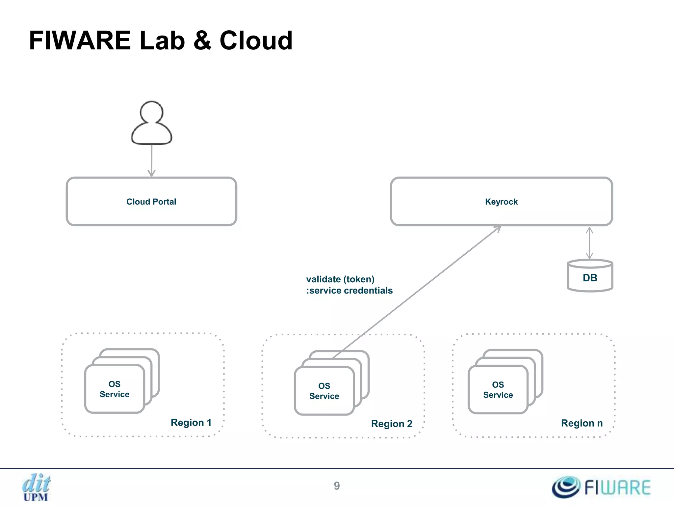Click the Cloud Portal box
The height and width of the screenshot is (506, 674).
[151, 202]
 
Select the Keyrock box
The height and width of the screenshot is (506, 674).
[501, 202]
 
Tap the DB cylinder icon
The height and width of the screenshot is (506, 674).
[590, 276]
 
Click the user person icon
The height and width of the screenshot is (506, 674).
[151, 124]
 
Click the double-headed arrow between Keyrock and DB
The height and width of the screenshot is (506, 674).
[589, 243]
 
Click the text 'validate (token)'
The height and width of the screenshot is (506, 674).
[340, 279]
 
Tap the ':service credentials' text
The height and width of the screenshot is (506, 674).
[350, 291]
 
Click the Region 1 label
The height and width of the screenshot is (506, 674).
[191, 423]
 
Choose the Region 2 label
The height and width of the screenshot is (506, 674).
[392, 424]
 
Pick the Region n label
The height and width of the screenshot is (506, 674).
[582, 423]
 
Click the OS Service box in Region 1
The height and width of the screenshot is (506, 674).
[115, 389]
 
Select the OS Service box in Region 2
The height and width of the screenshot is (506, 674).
[324, 391]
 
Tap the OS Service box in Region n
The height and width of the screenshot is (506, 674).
[498, 390]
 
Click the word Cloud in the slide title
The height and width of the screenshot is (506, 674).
[256, 41]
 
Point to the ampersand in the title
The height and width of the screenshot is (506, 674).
[202, 41]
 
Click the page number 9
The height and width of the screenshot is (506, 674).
[337, 486]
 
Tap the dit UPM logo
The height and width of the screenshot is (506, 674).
[36, 487]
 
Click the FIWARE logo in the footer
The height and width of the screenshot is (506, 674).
[601, 487]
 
